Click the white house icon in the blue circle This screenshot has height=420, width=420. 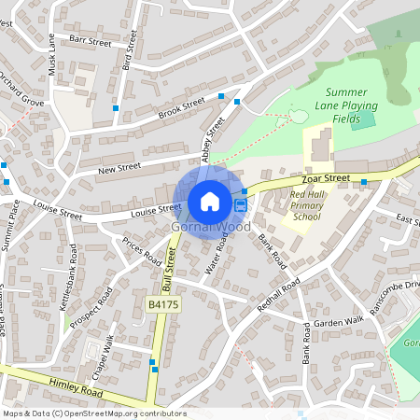(x=210, y=201)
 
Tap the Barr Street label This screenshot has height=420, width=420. (x=91, y=42)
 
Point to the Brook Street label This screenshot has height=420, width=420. (x=181, y=108)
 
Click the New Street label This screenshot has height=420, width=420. (x=119, y=167)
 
